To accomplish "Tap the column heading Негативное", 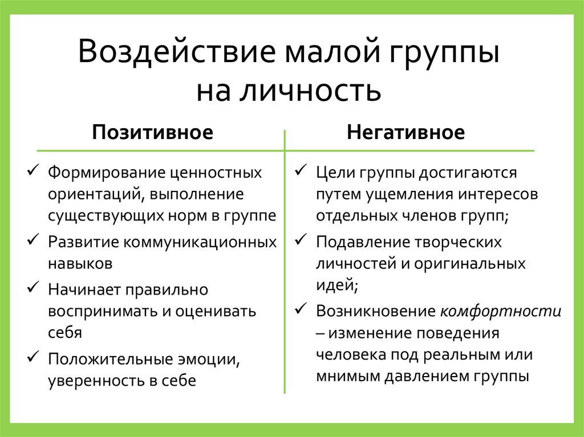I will tap(405, 133).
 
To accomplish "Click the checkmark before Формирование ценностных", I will tap(33, 170).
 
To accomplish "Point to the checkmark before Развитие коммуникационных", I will tap(33, 240).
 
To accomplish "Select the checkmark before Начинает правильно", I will tap(33, 288).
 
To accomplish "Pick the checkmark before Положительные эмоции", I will tap(33, 358).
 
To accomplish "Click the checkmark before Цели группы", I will tap(301, 171).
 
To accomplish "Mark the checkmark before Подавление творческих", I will tap(301, 240).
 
